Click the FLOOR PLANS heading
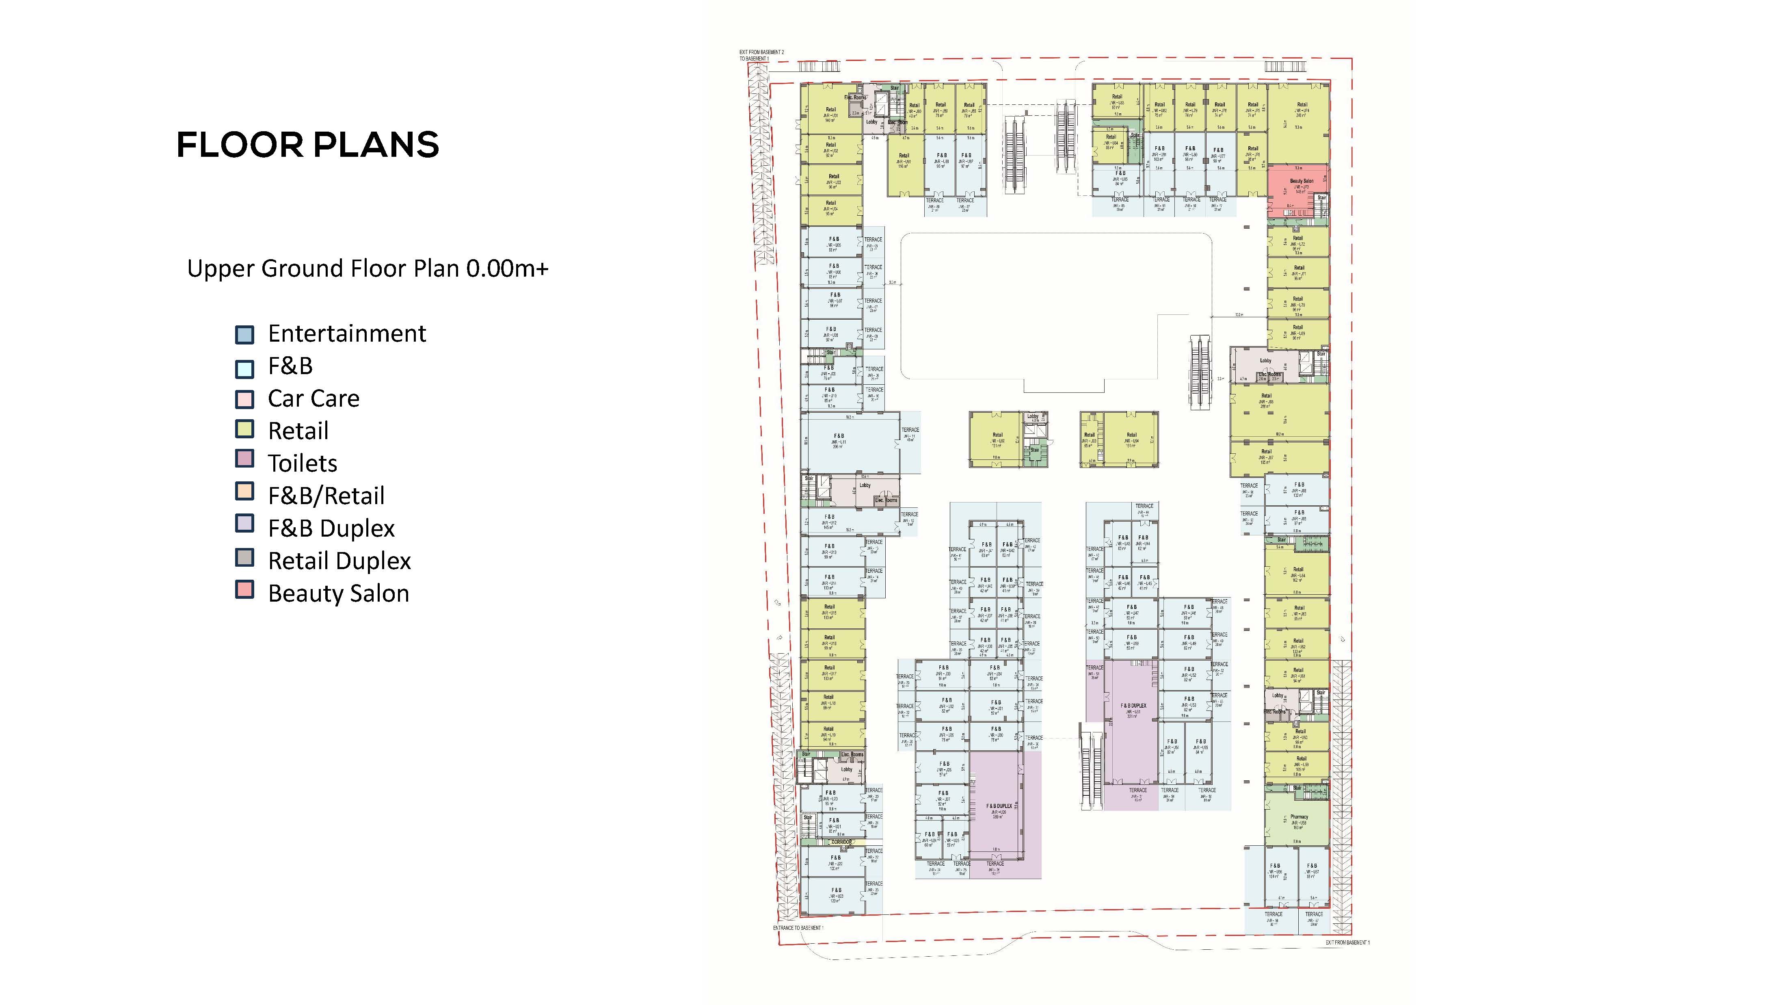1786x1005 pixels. tap(308, 145)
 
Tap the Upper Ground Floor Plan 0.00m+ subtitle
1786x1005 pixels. tap(368, 269)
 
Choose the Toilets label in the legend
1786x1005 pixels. tap(302, 464)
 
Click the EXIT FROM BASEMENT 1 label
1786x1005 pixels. tap(1347, 942)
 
